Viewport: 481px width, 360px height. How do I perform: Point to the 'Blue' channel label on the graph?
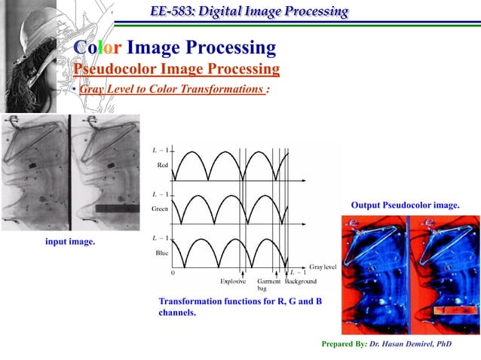(x=161, y=252)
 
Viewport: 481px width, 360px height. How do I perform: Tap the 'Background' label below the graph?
(x=301, y=282)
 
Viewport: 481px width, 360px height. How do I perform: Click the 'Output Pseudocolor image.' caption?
(x=405, y=205)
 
